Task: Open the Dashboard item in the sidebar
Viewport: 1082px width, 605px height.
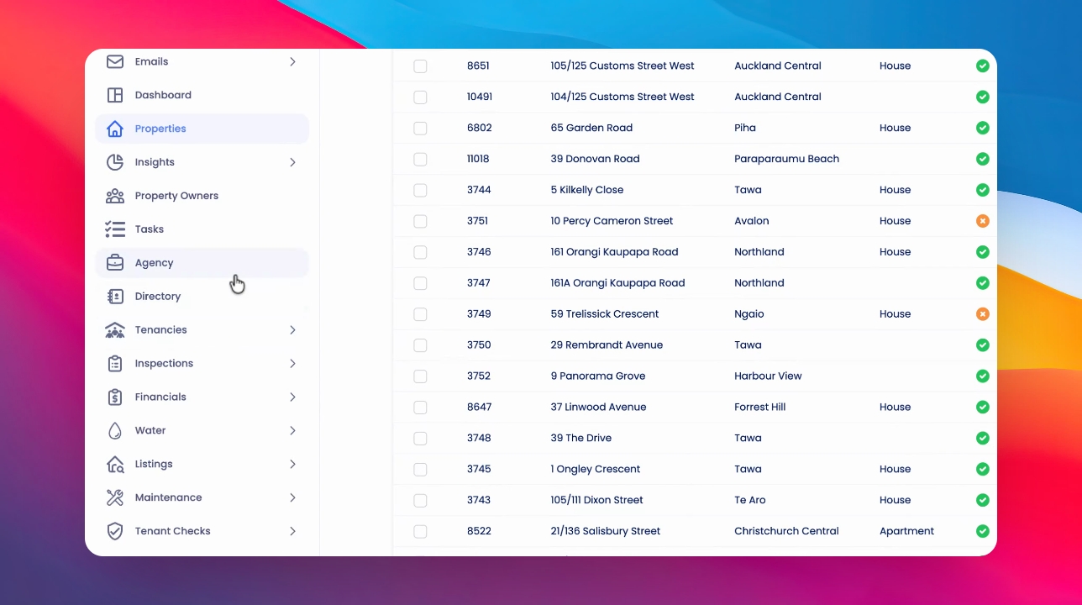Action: click(x=163, y=95)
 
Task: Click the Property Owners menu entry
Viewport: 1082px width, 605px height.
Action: click(x=176, y=196)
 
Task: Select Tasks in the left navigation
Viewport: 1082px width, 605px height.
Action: click(x=150, y=229)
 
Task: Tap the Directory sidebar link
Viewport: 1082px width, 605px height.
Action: click(x=157, y=297)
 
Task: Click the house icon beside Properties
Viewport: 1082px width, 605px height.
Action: click(x=115, y=129)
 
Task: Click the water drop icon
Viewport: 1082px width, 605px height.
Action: click(x=115, y=430)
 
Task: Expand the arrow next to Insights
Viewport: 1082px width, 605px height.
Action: click(x=292, y=162)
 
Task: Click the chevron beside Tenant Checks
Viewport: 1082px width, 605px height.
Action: click(x=292, y=531)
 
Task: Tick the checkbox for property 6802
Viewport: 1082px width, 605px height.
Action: click(x=420, y=128)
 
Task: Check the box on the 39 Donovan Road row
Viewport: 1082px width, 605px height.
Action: click(x=420, y=159)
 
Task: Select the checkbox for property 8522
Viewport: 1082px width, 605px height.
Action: click(x=420, y=531)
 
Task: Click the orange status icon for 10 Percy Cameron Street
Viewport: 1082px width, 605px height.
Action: click(x=983, y=221)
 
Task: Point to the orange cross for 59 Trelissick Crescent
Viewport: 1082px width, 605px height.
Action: click(x=983, y=314)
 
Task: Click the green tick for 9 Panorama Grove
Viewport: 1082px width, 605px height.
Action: click(x=983, y=376)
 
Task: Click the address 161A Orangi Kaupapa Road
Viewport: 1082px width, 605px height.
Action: click(x=617, y=283)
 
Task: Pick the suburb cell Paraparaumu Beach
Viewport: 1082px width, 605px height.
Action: click(x=787, y=159)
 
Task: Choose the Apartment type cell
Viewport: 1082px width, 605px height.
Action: click(x=906, y=531)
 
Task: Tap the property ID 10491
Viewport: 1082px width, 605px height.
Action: click(x=479, y=97)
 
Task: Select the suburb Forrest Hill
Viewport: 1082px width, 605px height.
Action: click(x=759, y=407)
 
